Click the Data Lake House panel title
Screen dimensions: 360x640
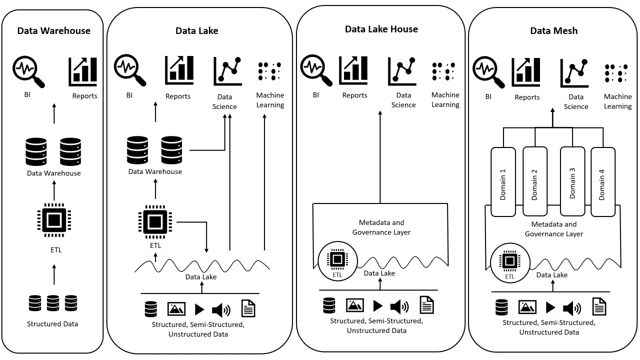(x=381, y=29)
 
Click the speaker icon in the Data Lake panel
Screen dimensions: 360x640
(x=221, y=309)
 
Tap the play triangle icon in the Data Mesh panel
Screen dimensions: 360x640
(x=550, y=307)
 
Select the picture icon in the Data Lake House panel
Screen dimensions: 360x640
(x=354, y=305)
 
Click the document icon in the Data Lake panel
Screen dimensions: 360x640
(x=248, y=308)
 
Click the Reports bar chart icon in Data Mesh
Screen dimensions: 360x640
(x=526, y=73)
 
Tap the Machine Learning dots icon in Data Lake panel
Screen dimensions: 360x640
(x=269, y=71)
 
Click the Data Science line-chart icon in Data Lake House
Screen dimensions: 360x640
(x=402, y=71)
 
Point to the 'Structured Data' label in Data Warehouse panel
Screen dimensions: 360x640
(x=52, y=323)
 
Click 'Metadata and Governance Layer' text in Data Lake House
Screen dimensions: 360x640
(x=381, y=227)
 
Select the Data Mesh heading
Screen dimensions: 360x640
(x=553, y=30)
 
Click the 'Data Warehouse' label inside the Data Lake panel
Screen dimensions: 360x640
(x=155, y=171)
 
